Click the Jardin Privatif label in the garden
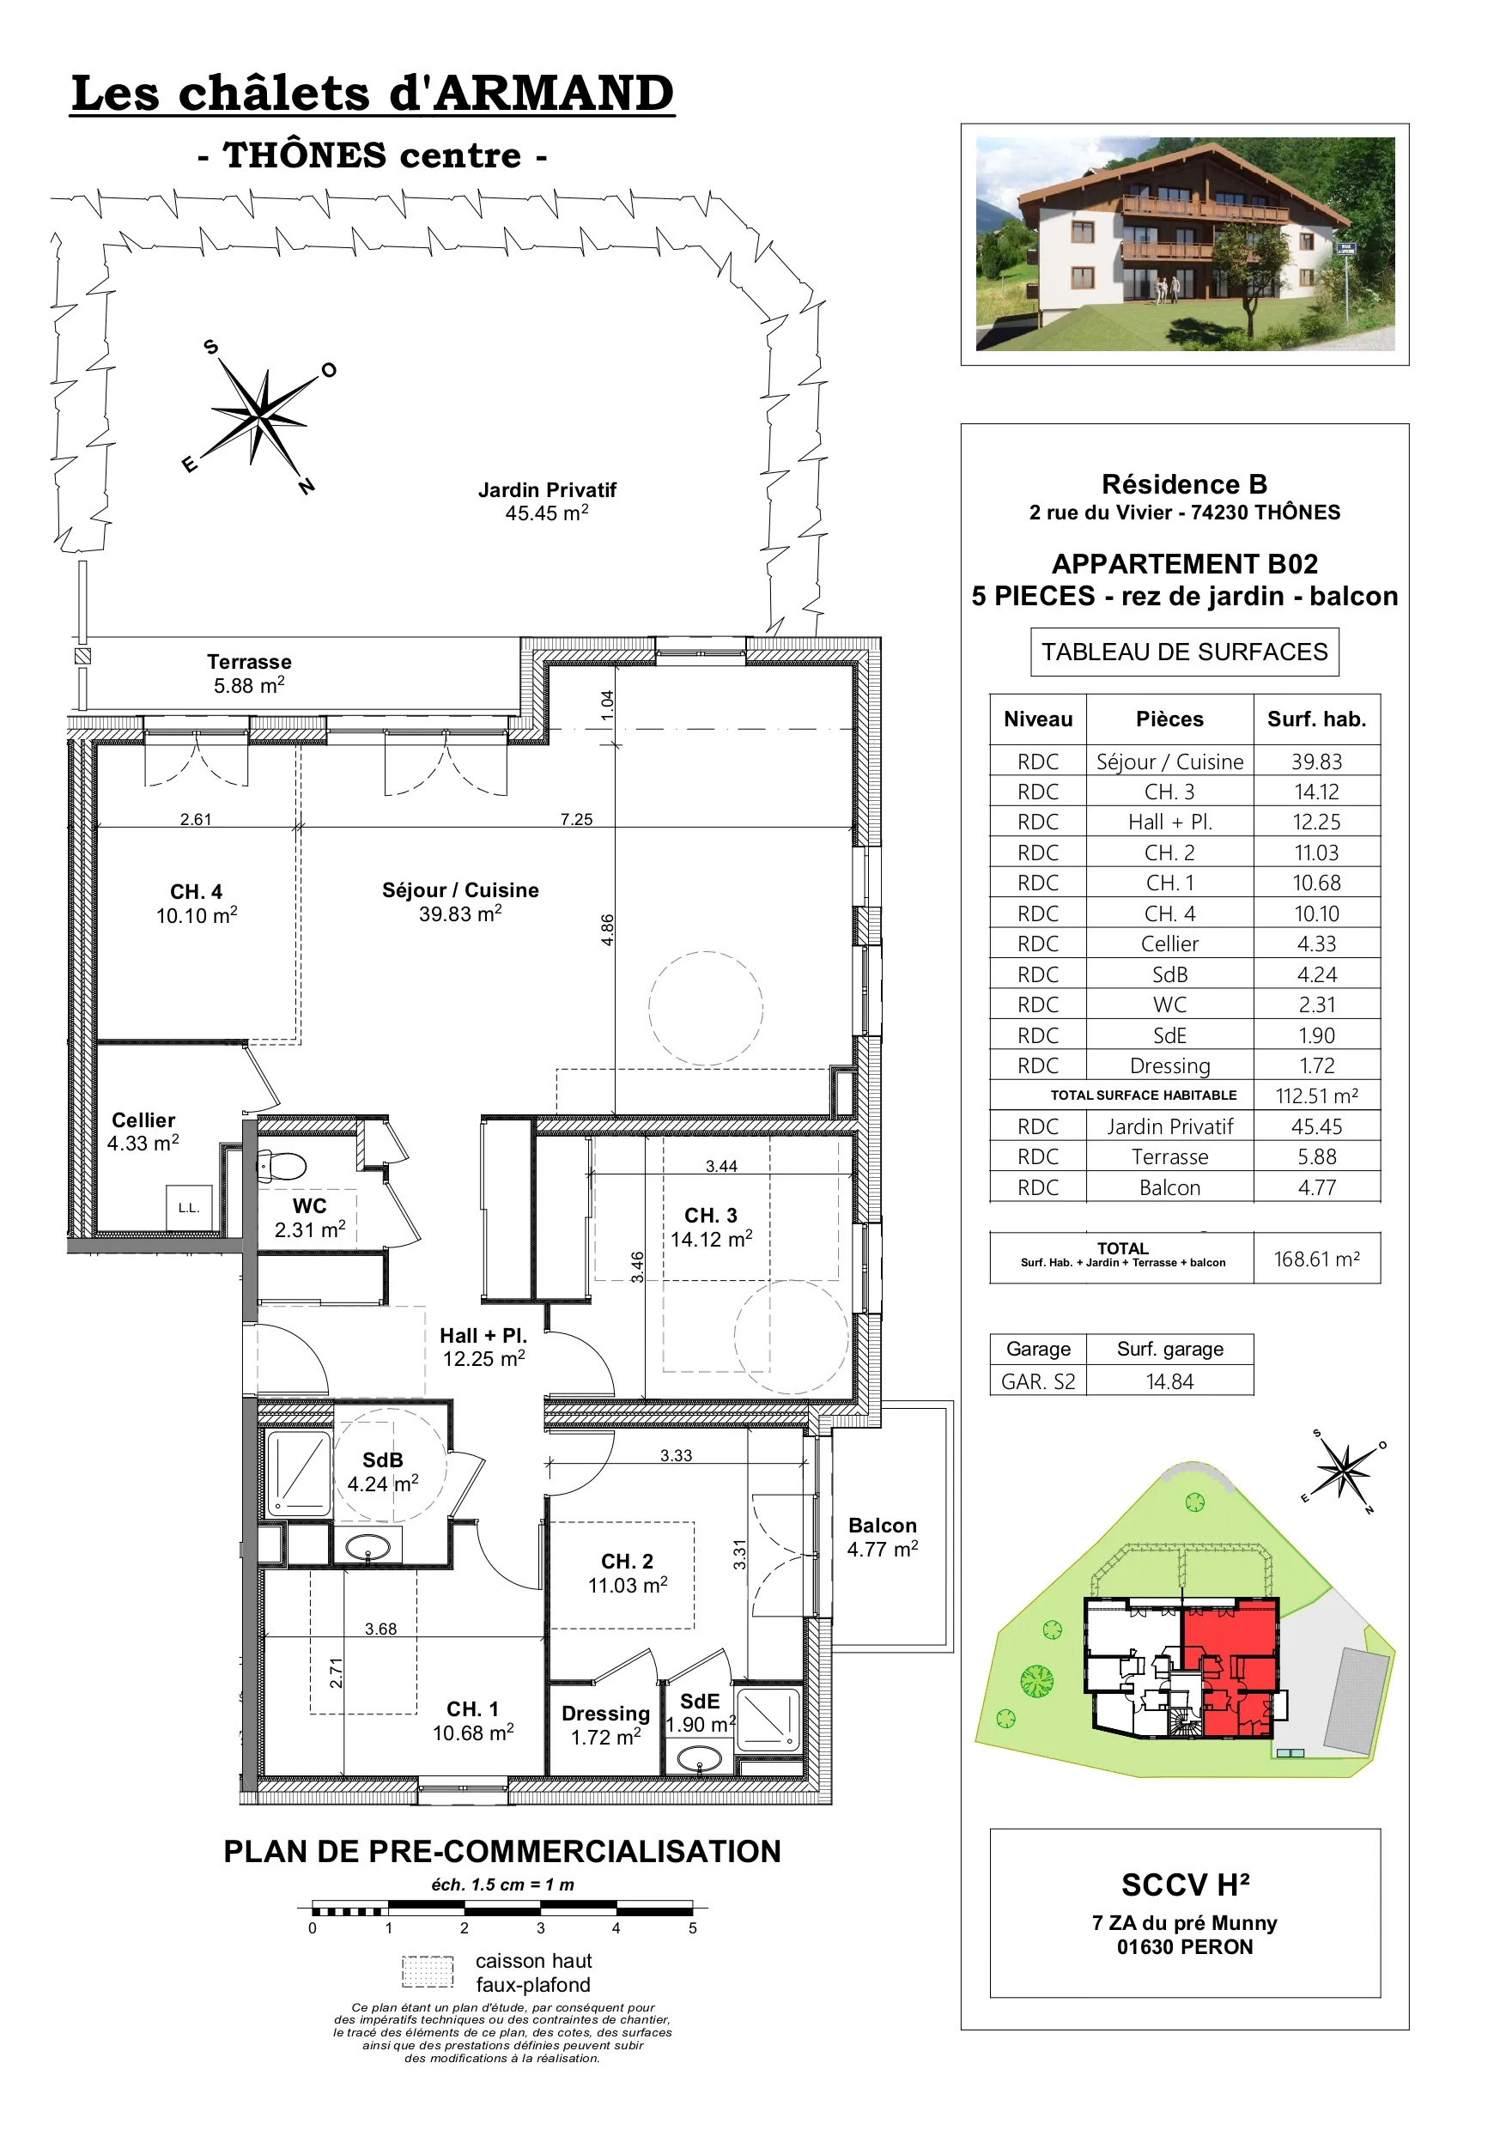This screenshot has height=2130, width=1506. coord(547,501)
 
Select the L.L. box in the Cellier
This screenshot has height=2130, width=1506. coord(189,1208)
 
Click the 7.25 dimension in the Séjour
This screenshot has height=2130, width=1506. coord(576,819)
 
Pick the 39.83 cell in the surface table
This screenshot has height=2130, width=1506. coord(1317,762)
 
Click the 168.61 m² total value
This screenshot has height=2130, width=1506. coord(1317,1259)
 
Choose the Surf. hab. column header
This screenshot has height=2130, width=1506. coord(1317,719)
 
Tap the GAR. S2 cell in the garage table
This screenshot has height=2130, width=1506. coord(1038,1381)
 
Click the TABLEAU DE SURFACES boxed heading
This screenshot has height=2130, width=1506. coord(1185,652)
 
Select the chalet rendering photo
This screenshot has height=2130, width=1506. coord(1185,244)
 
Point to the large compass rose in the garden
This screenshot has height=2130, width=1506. coord(261,416)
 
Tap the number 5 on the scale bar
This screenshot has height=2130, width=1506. coord(692,1927)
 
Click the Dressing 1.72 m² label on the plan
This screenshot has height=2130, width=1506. coord(605,1725)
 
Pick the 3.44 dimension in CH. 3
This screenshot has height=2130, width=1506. coord(721,1166)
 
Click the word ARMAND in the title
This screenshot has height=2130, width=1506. coord(555,94)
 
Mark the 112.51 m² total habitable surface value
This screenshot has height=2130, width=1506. coord(1317,1095)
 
